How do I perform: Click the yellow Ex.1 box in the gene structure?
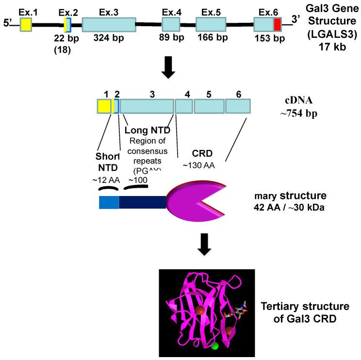point(26,25)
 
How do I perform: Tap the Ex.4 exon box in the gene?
point(171,25)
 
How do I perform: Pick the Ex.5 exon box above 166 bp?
point(210,25)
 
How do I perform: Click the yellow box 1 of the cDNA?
point(104,107)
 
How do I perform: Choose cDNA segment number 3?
point(147,107)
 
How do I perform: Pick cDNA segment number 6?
point(238,107)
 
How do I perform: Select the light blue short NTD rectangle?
point(109,202)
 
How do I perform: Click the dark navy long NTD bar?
point(143,202)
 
